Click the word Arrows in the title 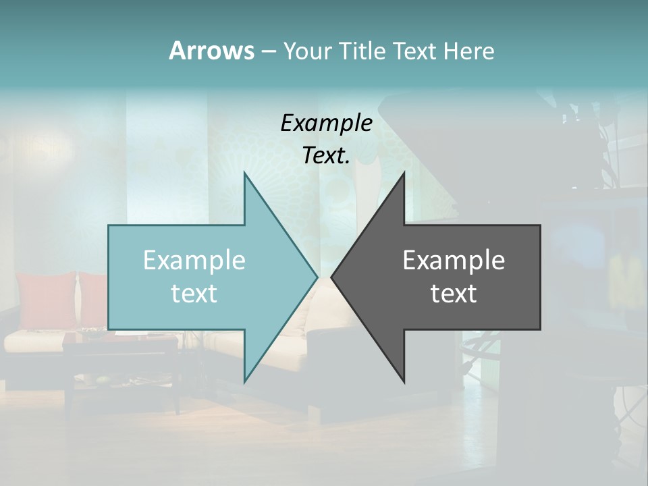[x=211, y=51]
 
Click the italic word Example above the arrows [x=326, y=124]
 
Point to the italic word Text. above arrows [x=326, y=156]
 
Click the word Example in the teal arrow [x=194, y=260]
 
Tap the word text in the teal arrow [x=194, y=293]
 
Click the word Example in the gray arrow [x=454, y=260]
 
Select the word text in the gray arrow [x=454, y=293]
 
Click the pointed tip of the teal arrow [x=317, y=277]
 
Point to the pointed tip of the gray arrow [x=332, y=277]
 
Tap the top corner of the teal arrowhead [x=245, y=173]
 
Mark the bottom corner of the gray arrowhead [x=404, y=382]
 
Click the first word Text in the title [x=414, y=51]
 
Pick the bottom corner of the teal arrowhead [x=245, y=381]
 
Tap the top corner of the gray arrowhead [x=404, y=173]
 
